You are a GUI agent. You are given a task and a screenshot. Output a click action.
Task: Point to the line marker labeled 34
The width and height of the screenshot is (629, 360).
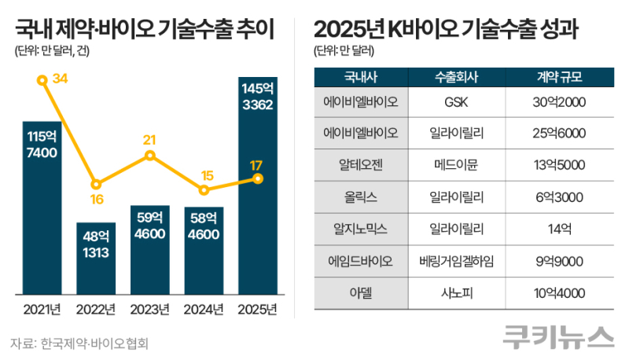coord(41,79)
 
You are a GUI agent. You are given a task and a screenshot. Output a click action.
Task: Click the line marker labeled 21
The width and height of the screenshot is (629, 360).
coord(149,156)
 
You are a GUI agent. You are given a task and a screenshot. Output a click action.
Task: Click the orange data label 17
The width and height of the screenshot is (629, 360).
coord(257,165)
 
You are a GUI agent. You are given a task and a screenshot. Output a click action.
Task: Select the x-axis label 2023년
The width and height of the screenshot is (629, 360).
coord(149,309)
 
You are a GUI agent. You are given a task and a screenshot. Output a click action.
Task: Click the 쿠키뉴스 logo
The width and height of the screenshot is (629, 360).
coord(558,337)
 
